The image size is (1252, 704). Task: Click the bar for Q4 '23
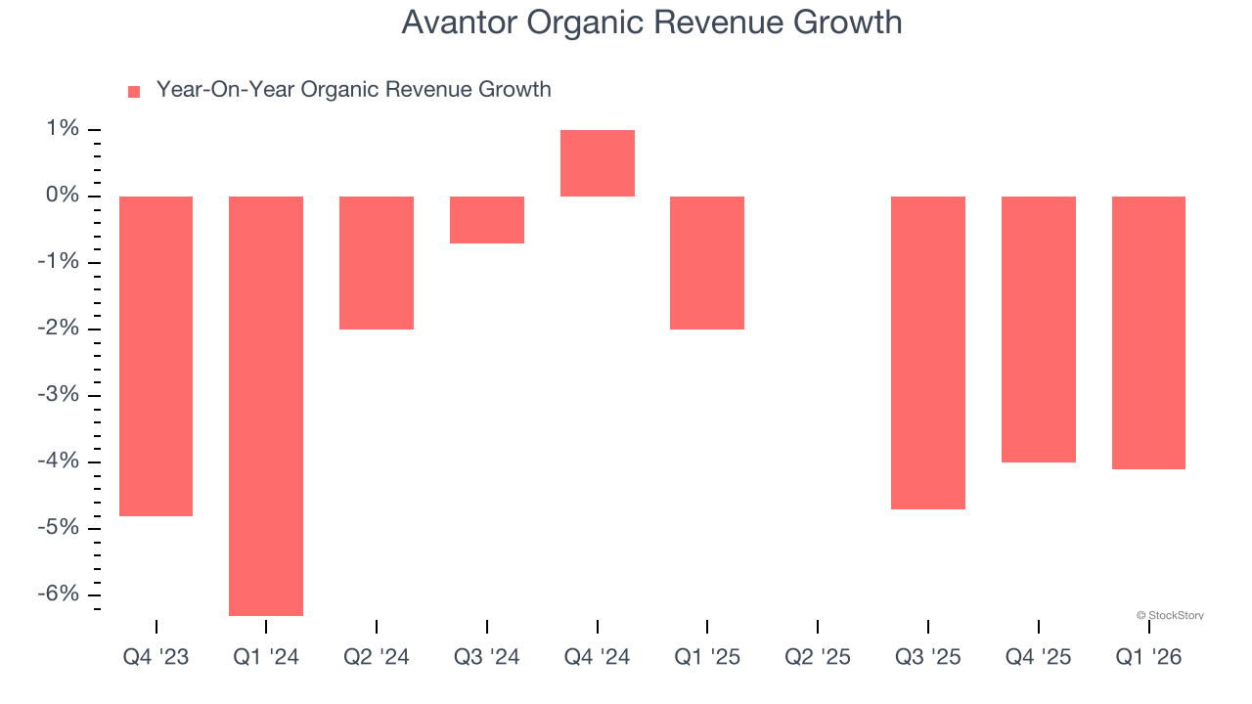point(156,356)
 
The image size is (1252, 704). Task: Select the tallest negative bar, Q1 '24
point(266,406)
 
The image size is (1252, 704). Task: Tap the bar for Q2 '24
point(377,262)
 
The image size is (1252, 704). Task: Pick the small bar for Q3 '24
point(487,220)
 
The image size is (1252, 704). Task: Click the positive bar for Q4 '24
point(598,163)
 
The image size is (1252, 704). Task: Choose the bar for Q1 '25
point(707,262)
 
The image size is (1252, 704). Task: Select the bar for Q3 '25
point(928,352)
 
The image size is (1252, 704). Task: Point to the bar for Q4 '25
point(1039,329)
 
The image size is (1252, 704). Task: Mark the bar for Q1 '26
point(1148,332)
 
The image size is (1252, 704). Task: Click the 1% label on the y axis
point(60,129)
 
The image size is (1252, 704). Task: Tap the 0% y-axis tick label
point(60,196)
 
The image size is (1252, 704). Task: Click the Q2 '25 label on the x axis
point(818,657)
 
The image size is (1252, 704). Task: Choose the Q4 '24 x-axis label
point(598,657)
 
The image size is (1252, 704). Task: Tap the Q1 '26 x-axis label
point(1148,657)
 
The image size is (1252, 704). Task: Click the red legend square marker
point(134,91)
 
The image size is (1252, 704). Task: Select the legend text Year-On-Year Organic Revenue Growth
point(353,90)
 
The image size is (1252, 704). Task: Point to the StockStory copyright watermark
point(1170,615)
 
